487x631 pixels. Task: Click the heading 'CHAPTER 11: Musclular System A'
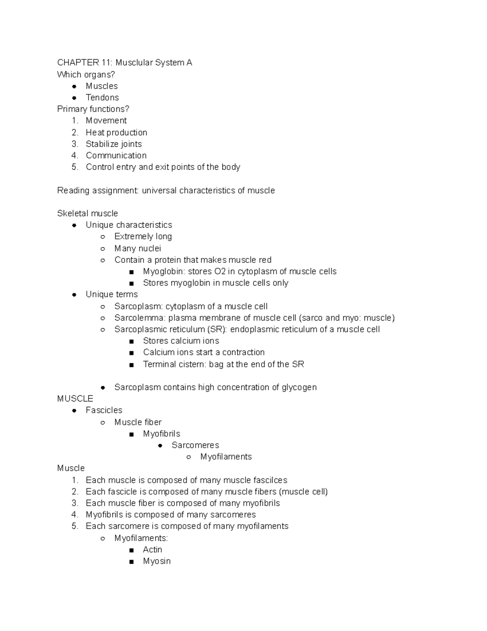[x=125, y=63]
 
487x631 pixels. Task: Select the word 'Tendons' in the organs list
[x=102, y=98]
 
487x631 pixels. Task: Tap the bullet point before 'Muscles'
[x=74, y=86]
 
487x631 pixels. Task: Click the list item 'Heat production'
[x=116, y=132]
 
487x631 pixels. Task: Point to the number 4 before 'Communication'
[x=74, y=156]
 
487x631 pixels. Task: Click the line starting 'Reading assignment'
[x=166, y=191]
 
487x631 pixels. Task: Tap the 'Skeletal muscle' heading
[x=88, y=213]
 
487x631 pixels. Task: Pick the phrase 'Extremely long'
[x=143, y=236]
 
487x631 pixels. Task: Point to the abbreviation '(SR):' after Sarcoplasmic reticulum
[x=217, y=329]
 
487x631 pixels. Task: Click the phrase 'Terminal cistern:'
[x=175, y=364]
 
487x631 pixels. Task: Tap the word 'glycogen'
[x=299, y=387]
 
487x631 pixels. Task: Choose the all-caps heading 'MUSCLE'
[x=75, y=399]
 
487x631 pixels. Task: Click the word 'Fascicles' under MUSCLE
[x=104, y=410]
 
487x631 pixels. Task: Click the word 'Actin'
[x=153, y=550]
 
